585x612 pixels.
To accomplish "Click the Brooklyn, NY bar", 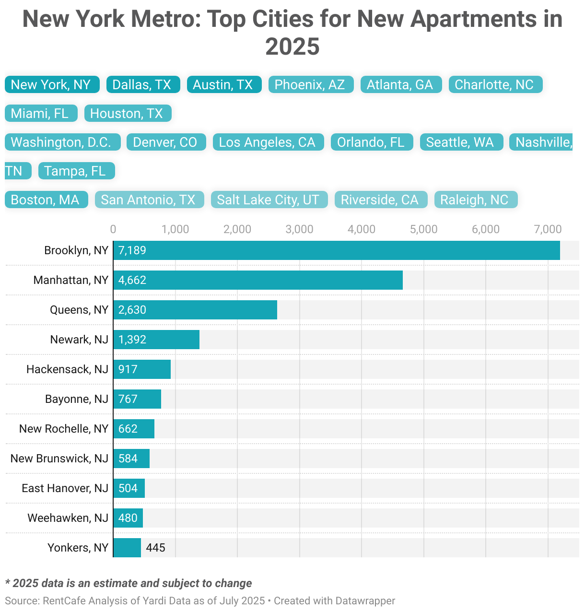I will [336, 250].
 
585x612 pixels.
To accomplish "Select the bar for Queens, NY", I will [195, 310].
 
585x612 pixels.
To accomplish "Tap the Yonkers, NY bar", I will [127, 548].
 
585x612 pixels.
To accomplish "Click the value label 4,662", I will [132, 280].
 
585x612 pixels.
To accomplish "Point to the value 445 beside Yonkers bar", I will [156, 548].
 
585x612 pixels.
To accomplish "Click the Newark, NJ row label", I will [79, 340].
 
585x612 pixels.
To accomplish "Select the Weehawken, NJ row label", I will [68, 518].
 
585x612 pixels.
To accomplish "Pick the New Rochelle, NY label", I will [64, 429].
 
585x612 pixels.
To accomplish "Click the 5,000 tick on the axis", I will [423, 229].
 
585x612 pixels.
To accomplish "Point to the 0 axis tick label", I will [113, 229].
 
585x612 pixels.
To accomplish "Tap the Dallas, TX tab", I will [142, 84].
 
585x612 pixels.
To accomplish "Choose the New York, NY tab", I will [51, 84].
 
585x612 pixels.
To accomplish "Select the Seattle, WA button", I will [460, 142].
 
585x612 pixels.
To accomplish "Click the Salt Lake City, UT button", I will [269, 200].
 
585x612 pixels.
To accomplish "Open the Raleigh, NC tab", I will [475, 200].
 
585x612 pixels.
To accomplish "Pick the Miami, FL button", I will [40, 113].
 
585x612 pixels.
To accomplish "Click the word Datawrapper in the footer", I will [365, 600].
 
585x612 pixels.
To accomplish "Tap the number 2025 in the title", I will [292, 47].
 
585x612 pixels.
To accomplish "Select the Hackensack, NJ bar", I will [142, 369].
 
